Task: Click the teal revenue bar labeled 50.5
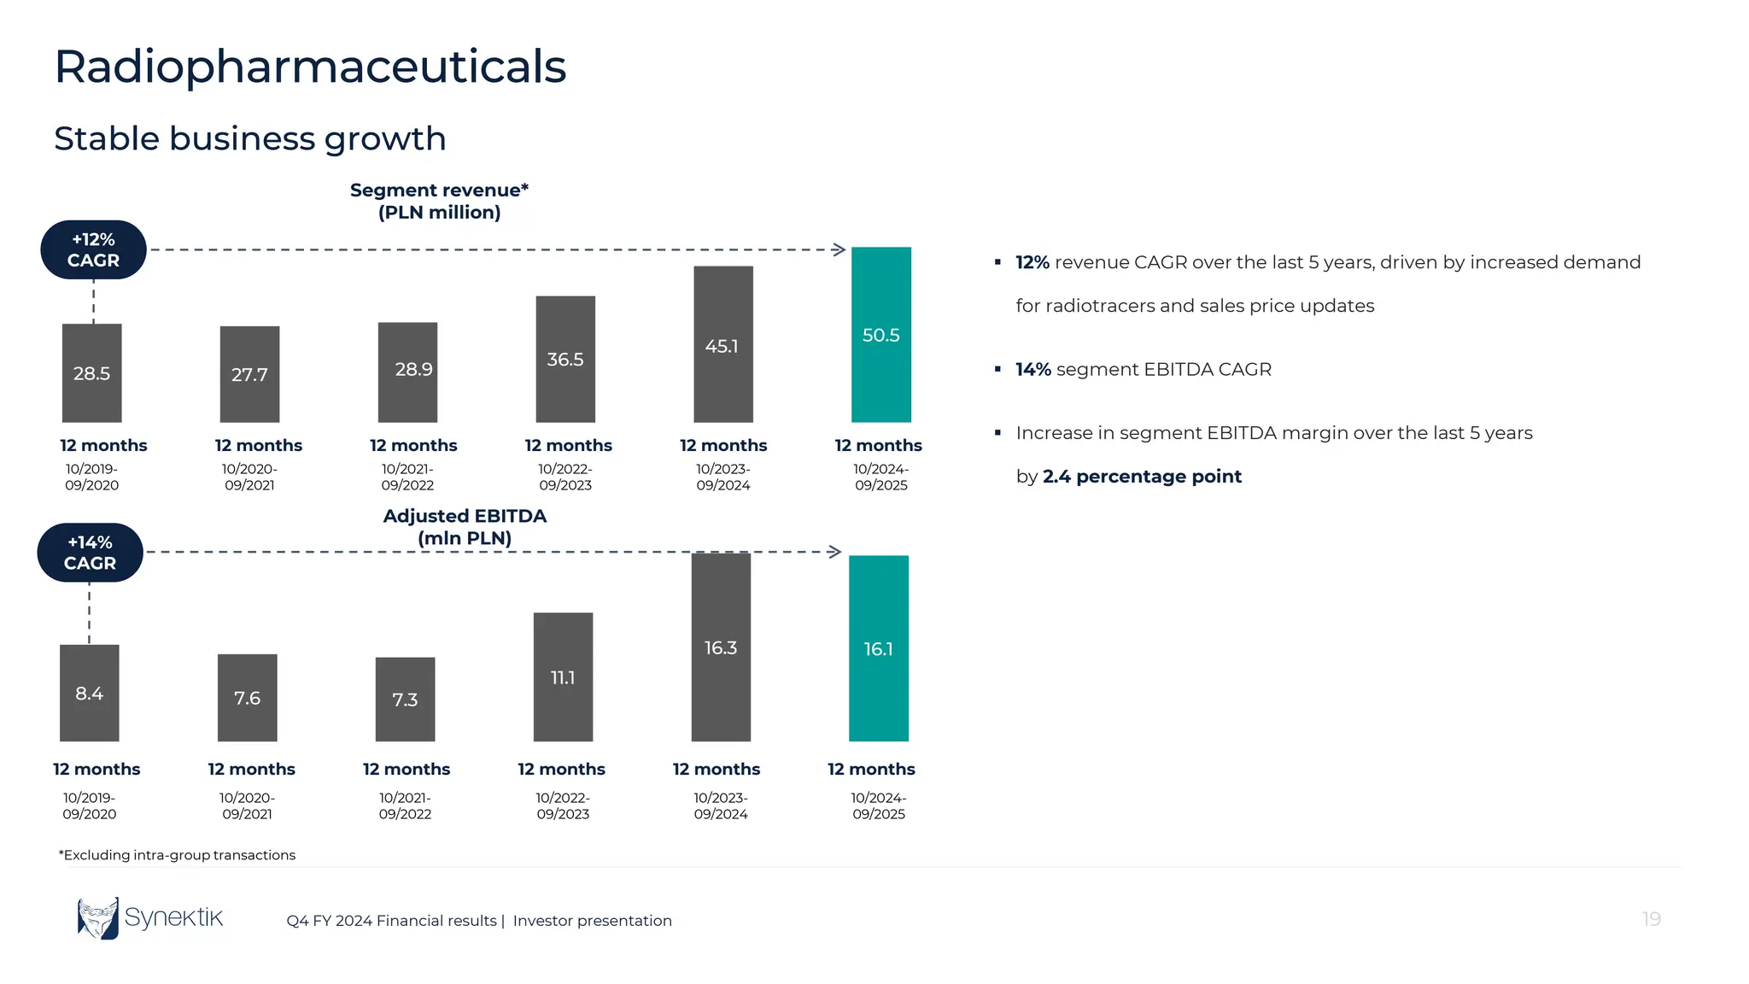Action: [880, 334]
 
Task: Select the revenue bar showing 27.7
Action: [249, 374]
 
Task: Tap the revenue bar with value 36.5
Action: [565, 359]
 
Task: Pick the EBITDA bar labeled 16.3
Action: [721, 647]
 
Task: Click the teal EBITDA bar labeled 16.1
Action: [878, 648]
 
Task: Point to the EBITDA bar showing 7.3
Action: [405, 699]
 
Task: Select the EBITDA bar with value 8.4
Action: [90, 693]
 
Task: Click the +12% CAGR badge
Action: [94, 249]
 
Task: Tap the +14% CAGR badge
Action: [90, 552]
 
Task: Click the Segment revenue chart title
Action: [439, 201]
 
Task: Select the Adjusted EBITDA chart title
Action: [465, 527]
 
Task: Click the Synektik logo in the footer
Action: [150, 918]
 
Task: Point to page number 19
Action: [1651, 919]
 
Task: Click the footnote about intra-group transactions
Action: [177, 855]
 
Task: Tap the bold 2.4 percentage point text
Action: [1142, 477]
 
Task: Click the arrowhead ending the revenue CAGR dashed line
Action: [839, 249]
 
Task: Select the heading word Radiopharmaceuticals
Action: [310, 67]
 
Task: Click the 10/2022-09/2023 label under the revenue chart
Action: [565, 477]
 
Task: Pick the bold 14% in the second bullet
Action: [1032, 369]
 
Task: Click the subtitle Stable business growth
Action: [250, 138]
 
